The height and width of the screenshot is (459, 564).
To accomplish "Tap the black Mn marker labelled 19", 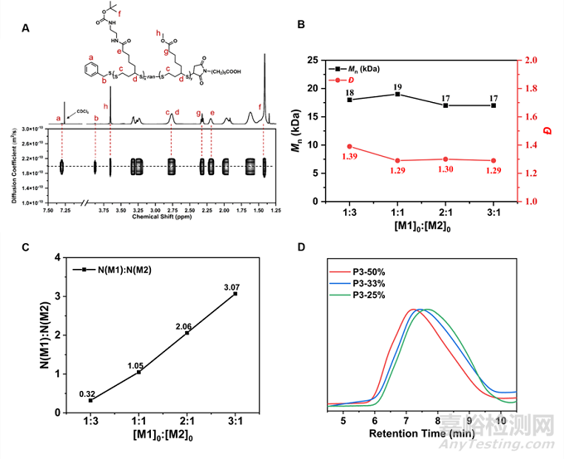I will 399,94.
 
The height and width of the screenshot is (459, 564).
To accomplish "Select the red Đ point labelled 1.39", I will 350,146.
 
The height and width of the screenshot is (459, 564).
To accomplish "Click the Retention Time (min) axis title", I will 422,433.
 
